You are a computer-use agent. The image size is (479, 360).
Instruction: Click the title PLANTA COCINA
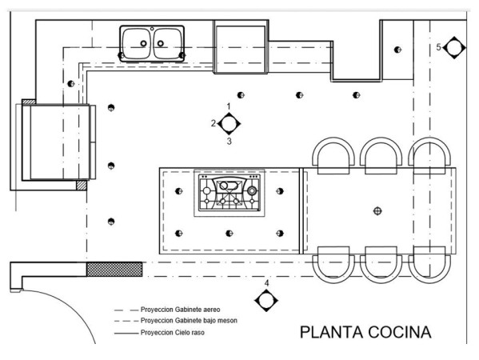[x=365, y=332]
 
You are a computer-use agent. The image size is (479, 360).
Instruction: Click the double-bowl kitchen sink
[x=152, y=43]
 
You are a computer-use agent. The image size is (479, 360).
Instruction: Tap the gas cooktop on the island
[x=230, y=193]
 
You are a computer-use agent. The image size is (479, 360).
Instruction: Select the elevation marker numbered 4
[x=266, y=301]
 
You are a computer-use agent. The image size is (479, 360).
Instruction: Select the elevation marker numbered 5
[x=454, y=48]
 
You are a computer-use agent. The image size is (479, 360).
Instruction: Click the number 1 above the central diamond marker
[x=229, y=106]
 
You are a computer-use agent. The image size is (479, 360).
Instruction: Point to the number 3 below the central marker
[x=230, y=141]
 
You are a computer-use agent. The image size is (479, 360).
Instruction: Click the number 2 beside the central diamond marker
[x=214, y=123]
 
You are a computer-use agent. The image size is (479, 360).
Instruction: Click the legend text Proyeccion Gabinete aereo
[x=180, y=310]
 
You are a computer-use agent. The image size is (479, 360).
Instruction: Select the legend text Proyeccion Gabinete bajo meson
[x=189, y=321]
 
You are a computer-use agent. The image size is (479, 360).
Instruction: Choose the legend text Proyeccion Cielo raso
[x=172, y=333]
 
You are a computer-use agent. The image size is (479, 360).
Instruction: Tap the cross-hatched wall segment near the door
[x=114, y=270]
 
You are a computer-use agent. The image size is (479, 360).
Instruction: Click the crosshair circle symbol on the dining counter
[x=378, y=211]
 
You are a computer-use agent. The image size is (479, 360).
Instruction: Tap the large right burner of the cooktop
[x=252, y=190]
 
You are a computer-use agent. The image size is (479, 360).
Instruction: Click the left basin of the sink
[x=136, y=43]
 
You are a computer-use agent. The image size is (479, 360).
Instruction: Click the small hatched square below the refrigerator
[x=82, y=186]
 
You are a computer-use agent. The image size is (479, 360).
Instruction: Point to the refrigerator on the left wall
[x=56, y=142]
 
